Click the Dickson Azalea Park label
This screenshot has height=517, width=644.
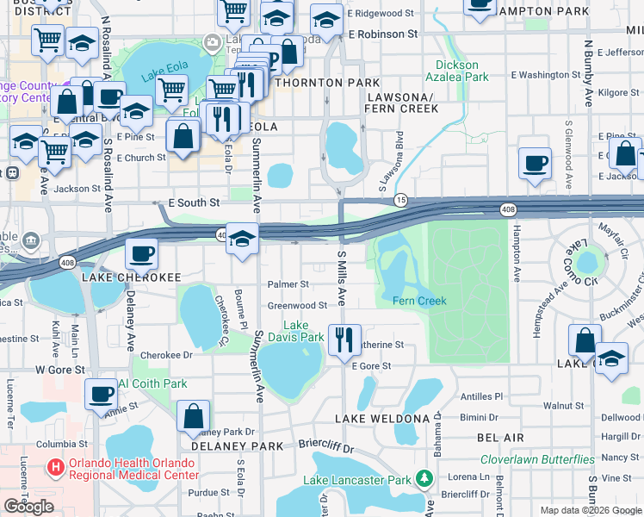point(456,71)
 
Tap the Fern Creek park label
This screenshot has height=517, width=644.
point(419,301)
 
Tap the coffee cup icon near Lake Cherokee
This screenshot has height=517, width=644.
point(141,254)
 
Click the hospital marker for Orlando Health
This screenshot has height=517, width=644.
point(56,468)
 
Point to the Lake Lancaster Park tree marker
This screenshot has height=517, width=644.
point(424,478)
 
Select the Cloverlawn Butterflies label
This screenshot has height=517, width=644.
point(537,459)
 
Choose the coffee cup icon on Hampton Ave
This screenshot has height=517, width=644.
point(536,163)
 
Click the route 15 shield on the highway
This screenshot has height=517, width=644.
point(401,200)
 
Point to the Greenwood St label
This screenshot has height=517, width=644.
point(297,305)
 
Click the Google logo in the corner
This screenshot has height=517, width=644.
point(29,507)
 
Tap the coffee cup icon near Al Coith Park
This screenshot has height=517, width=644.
point(102,394)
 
